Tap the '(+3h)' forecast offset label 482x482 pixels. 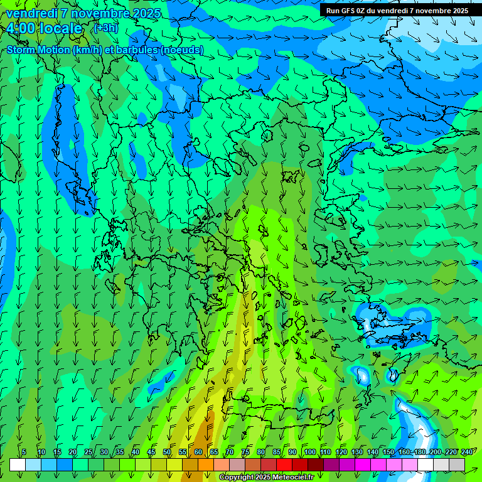(105, 28)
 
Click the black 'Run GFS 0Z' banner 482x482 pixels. (397, 10)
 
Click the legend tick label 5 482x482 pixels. (24, 453)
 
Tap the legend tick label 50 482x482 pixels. (167, 453)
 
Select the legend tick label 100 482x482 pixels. (309, 453)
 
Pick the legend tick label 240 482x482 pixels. (467, 453)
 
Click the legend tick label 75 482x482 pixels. (245, 453)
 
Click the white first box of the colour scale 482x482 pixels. (18, 464)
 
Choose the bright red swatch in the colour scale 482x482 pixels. (284, 464)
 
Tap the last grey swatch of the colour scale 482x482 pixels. (457, 464)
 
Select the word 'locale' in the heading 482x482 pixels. (61, 28)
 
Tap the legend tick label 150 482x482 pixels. (388, 453)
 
